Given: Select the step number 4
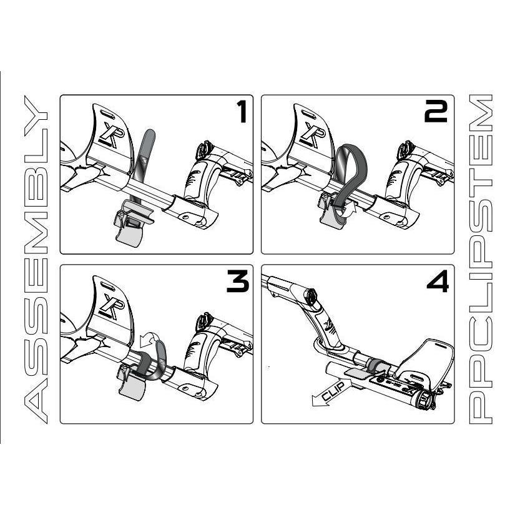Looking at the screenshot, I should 437,282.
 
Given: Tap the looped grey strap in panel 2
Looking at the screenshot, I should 350,169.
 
